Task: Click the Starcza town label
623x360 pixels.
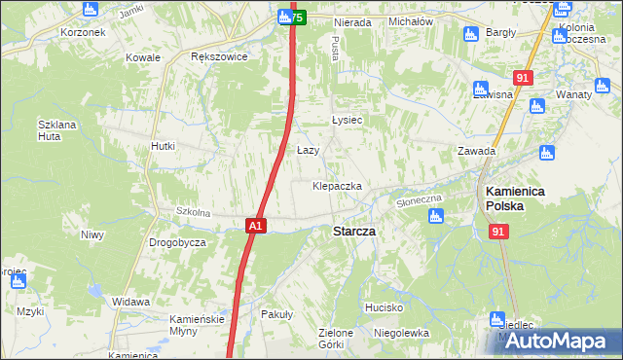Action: [x=354, y=232]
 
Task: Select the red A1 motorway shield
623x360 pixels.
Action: [x=255, y=226]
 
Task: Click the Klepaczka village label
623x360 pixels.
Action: [x=337, y=185]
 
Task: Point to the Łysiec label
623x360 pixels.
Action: [x=347, y=120]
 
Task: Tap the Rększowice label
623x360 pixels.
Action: [x=219, y=56]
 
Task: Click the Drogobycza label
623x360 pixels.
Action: [x=176, y=241]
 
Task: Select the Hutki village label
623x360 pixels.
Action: [x=163, y=146]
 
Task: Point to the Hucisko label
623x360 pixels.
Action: [x=385, y=306]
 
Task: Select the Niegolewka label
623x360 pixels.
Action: [x=401, y=332]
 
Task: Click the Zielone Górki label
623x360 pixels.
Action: [x=336, y=339]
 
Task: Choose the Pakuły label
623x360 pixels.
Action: [x=277, y=315]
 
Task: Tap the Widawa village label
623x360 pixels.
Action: [x=130, y=302]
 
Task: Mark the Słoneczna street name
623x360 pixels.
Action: [x=420, y=198]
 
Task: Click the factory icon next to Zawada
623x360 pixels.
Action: [x=546, y=153]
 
